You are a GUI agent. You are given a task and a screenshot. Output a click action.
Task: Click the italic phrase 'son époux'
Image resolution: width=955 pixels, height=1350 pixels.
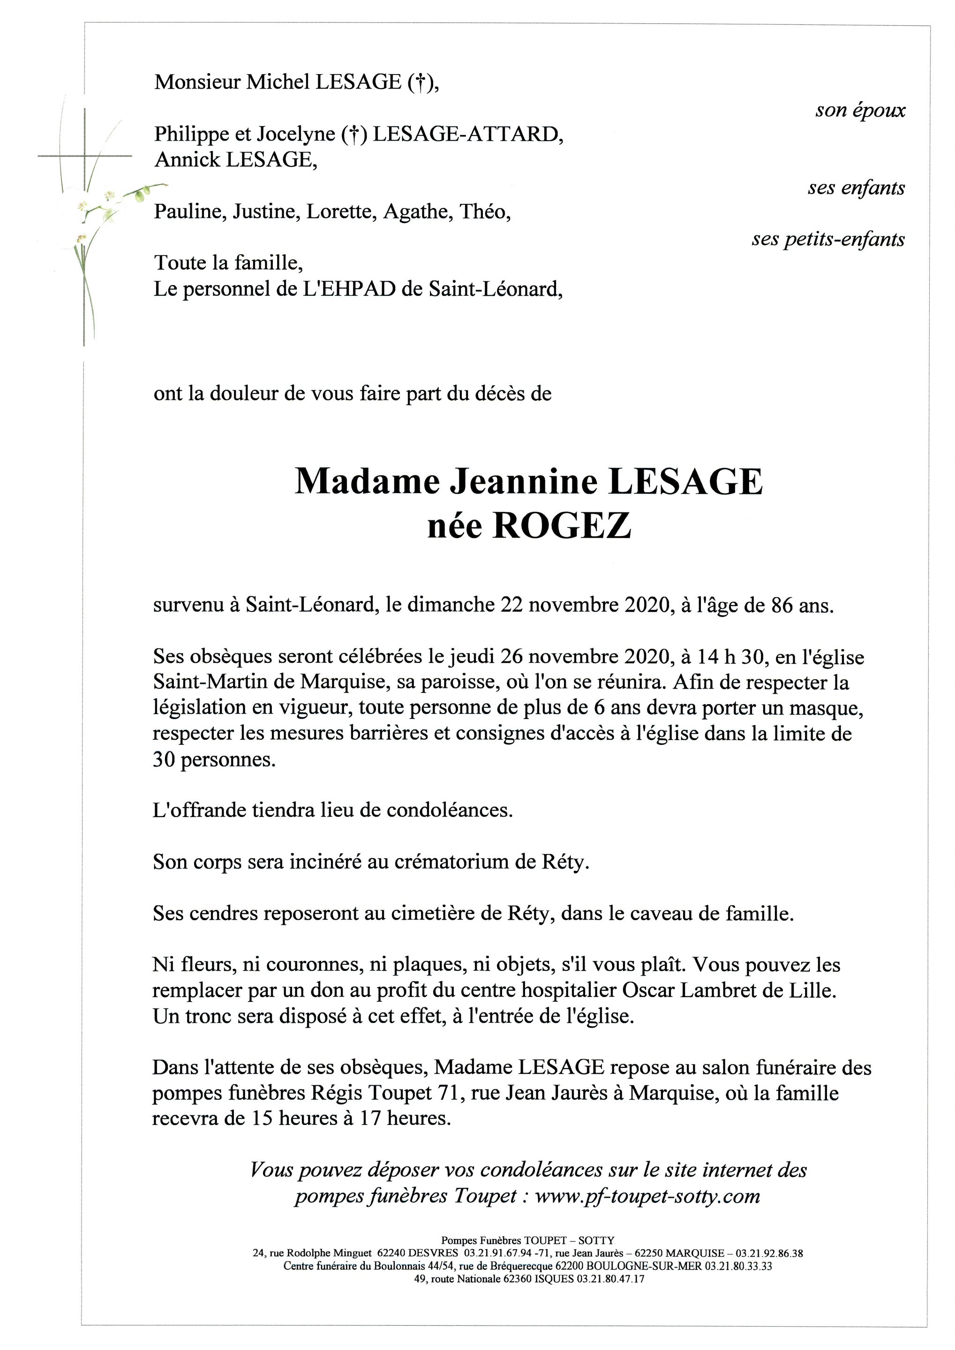point(860,111)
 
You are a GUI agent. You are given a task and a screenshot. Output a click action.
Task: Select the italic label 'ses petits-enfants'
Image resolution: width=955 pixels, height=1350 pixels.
point(828,240)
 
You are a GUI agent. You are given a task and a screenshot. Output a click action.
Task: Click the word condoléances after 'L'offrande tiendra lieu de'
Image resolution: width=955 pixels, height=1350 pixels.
point(449,811)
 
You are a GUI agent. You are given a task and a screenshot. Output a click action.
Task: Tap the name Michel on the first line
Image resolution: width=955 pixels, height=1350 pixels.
point(278,82)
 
